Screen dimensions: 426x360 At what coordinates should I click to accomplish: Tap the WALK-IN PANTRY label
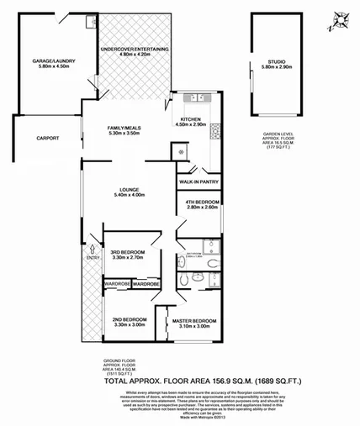click(199, 181)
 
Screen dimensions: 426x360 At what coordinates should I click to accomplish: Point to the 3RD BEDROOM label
click(129, 253)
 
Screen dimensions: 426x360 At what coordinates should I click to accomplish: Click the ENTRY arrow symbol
click(92, 260)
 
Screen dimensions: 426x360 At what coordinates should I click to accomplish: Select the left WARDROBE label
click(116, 284)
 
